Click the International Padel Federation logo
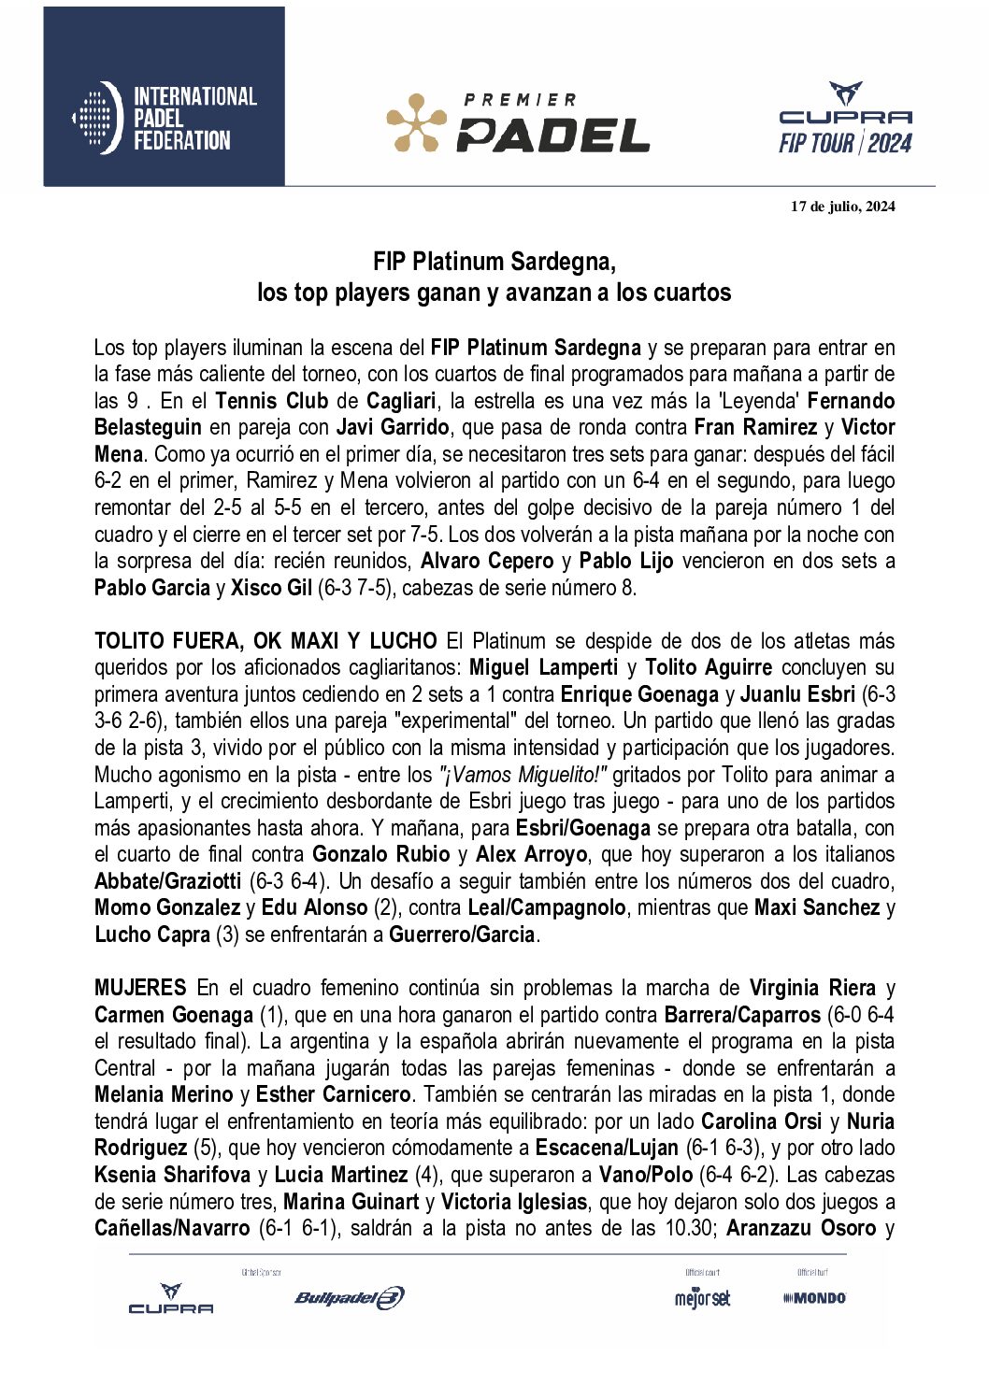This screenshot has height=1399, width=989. point(165,118)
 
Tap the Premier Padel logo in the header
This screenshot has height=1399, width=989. point(518,123)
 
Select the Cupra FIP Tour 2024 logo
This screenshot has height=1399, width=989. point(845,119)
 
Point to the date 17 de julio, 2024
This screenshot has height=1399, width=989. point(842,207)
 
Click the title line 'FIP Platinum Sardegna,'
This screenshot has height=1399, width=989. point(494,261)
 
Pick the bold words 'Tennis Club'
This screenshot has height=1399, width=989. point(271,401)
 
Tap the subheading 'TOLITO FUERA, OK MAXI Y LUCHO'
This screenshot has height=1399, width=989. point(265,641)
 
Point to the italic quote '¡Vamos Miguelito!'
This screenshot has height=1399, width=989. point(523,775)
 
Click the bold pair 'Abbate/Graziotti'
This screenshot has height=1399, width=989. point(168,881)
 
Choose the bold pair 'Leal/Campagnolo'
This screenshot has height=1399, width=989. point(547,907)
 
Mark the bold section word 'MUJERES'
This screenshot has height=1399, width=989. point(140,988)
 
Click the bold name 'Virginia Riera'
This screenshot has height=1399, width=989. point(811,988)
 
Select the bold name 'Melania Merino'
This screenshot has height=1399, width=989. point(164,1094)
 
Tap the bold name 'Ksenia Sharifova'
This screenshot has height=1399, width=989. point(172,1175)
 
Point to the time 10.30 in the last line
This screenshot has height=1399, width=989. point(688,1228)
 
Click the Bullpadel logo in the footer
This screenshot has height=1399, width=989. point(350,1297)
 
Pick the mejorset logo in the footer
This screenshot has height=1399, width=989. point(702,1298)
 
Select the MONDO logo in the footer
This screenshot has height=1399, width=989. point(815,1297)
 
